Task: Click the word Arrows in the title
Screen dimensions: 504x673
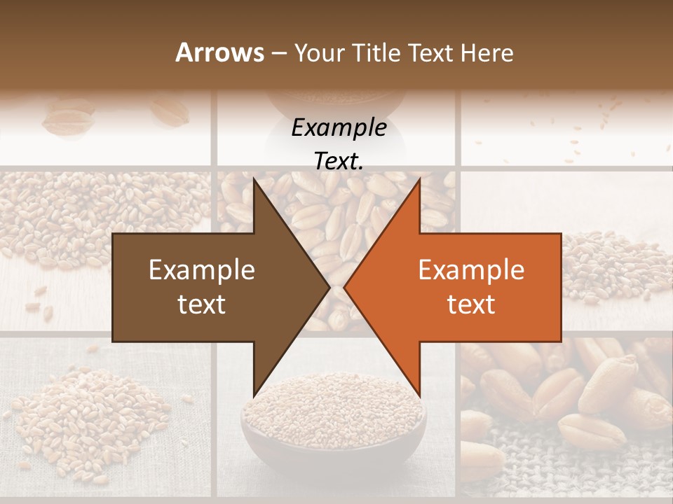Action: [220, 52]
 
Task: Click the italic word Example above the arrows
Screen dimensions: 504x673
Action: [339, 127]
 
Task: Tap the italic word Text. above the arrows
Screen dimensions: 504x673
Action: [339, 161]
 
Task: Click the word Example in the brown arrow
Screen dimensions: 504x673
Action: [202, 269]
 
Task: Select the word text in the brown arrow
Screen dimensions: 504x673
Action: [202, 304]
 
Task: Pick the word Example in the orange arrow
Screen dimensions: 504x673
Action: [471, 269]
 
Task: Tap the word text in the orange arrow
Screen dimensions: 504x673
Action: [471, 304]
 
